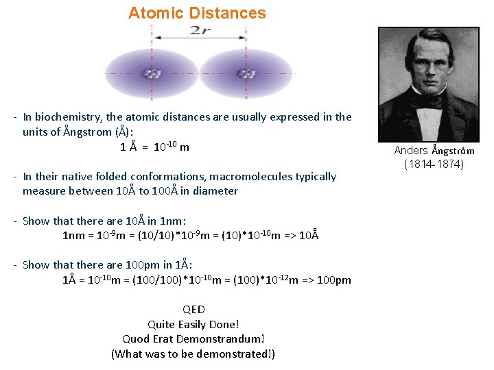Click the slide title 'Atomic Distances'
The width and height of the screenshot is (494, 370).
(197, 13)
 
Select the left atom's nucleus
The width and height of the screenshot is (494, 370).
(152, 73)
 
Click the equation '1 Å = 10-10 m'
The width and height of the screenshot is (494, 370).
(155, 147)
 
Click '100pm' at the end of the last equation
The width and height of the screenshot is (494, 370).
(334, 280)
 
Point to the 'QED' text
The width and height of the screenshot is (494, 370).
(193, 309)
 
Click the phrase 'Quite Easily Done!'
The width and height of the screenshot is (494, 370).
(193, 324)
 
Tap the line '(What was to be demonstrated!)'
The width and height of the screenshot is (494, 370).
(193, 354)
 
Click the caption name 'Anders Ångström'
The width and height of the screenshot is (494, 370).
(434, 151)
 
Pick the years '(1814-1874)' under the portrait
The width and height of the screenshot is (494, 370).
(434, 164)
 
